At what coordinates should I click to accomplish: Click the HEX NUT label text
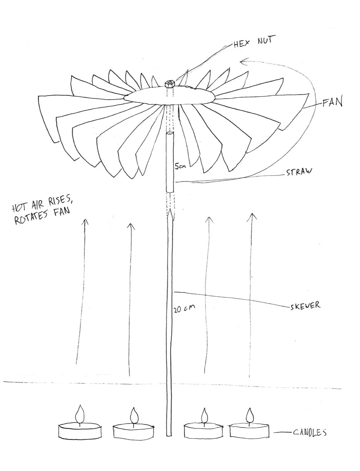[254, 43]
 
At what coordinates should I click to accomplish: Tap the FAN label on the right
[332, 102]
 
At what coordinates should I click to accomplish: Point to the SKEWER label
[305, 306]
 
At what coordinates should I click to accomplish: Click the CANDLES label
[309, 432]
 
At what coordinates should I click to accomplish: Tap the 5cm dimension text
[180, 167]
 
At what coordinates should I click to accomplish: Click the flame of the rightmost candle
[249, 415]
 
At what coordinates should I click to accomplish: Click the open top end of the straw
[170, 134]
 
